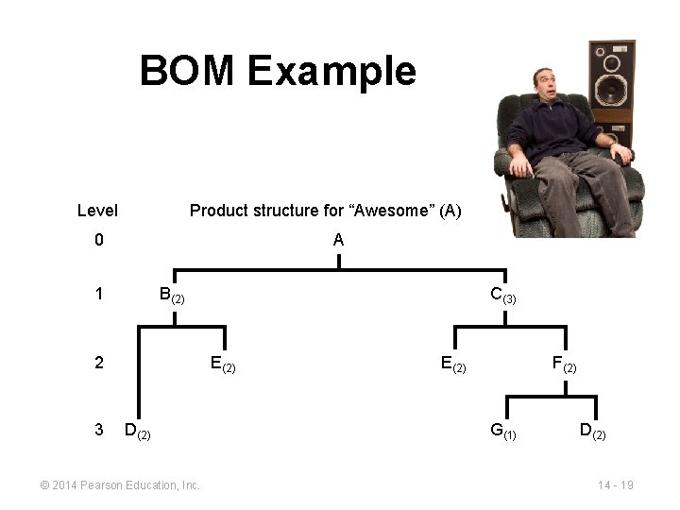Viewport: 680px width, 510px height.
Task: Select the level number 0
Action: [x=99, y=241]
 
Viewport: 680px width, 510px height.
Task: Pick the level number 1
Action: [x=99, y=295]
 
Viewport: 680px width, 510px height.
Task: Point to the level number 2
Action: [x=99, y=362]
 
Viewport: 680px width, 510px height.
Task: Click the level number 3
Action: [x=99, y=430]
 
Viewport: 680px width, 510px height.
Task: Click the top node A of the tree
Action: [x=338, y=241]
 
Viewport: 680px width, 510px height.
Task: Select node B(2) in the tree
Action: [x=171, y=296]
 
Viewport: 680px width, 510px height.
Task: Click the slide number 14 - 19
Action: [x=615, y=485]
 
